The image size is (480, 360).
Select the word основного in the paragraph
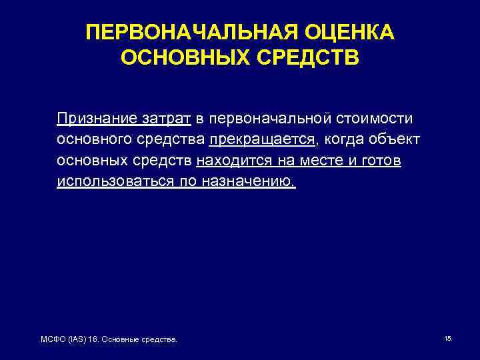(x=97, y=140)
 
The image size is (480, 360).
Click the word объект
(x=396, y=140)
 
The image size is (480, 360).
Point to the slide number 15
(x=447, y=339)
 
